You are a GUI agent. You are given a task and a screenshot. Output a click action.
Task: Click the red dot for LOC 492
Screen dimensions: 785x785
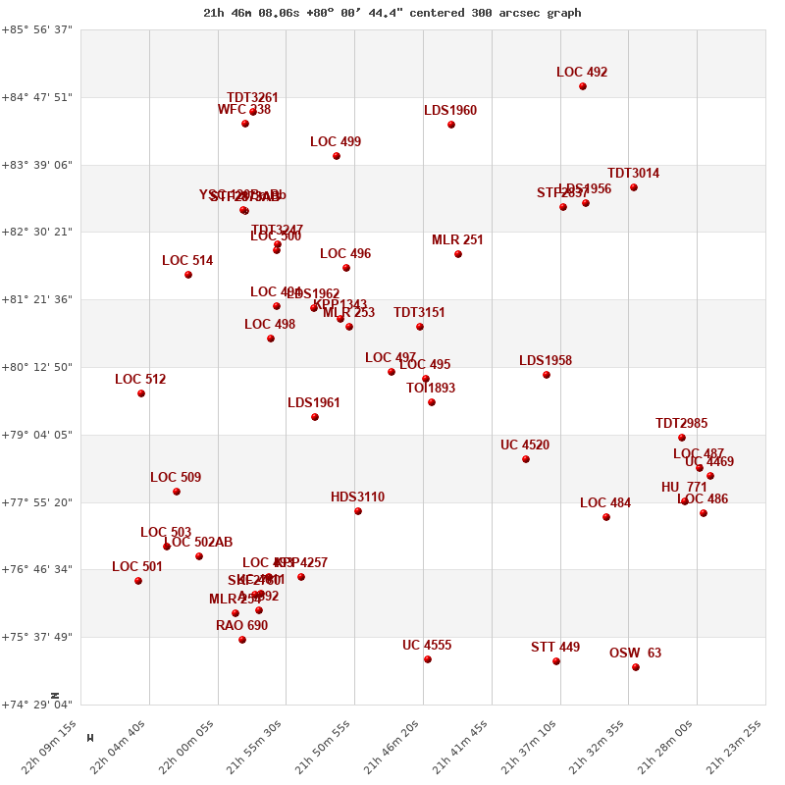pos(583,86)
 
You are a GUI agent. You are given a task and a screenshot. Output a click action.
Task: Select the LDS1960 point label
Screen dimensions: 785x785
pos(450,111)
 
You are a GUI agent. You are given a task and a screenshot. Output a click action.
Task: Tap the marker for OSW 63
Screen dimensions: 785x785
pos(636,667)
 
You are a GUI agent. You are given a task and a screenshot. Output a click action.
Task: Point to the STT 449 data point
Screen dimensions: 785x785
pos(556,661)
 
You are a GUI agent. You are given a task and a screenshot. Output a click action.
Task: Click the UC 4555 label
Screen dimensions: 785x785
pos(427,646)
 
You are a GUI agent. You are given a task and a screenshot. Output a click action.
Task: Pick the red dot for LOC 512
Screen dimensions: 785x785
pos(141,393)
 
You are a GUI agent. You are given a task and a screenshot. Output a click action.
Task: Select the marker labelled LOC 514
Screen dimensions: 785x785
pos(188,275)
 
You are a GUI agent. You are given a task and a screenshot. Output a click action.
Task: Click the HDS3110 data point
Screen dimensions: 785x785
pos(358,511)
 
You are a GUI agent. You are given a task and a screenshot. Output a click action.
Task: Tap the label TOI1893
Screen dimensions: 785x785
pos(431,389)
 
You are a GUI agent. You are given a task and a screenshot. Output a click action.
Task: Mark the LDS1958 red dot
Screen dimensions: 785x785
pos(547,375)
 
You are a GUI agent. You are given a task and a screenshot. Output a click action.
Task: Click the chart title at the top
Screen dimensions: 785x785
pos(392,13)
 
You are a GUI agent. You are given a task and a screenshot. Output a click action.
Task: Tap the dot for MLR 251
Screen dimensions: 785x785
pos(458,254)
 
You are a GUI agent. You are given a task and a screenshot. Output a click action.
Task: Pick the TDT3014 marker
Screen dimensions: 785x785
pos(634,187)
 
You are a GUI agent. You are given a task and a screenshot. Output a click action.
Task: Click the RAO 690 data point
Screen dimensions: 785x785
pos(242,640)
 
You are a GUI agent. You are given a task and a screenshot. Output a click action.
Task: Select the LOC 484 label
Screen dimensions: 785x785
pos(605,503)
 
